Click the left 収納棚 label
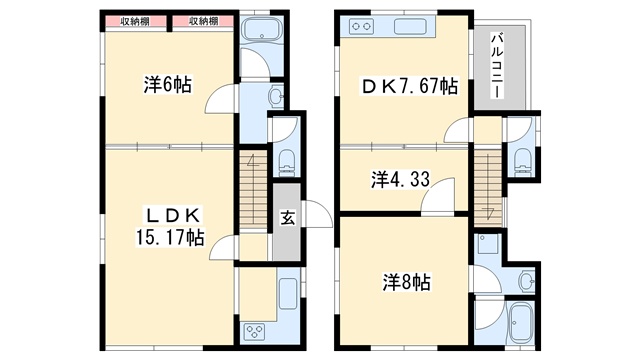click(x=135, y=22)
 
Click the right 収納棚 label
click(x=203, y=22)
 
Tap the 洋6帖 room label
click(x=167, y=85)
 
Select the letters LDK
click(x=173, y=216)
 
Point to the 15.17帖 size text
click(x=170, y=237)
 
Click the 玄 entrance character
click(x=287, y=218)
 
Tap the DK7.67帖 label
click(x=409, y=86)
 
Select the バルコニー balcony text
click(x=497, y=65)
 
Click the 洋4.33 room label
click(x=400, y=180)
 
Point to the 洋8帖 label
click(x=406, y=282)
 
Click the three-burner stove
click(x=254, y=331)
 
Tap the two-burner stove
click(x=361, y=27)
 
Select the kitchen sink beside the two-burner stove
click(x=409, y=27)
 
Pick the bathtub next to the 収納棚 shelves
click(x=261, y=28)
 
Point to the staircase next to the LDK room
click(x=253, y=188)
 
